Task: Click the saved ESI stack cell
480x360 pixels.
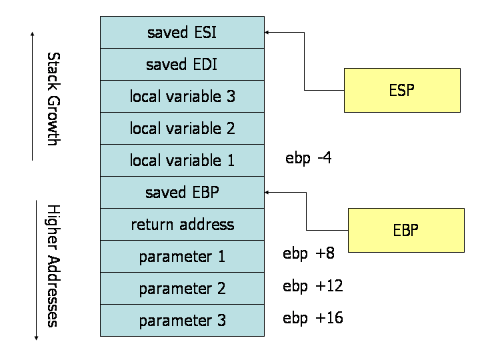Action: coord(182,32)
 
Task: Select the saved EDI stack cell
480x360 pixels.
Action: coord(182,64)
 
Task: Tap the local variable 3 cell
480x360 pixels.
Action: coord(182,96)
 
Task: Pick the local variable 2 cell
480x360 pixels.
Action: coord(182,128)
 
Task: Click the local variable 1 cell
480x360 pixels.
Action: coord(182,160)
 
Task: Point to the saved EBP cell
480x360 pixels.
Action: coord(182,192)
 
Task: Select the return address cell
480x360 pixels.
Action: coord(182,224)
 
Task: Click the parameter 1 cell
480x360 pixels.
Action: coord(182,256)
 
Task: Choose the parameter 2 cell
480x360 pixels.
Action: coord(182,288)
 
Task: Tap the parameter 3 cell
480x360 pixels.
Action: coord(182,320)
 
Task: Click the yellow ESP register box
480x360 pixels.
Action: coord(402,90)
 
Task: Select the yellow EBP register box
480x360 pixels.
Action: coord(406,230)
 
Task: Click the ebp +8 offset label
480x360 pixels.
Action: coord(308,253)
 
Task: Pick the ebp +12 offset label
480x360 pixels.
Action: coord(313,286)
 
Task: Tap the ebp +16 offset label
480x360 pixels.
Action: coord(313,318)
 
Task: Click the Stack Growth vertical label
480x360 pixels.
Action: coord(54,98)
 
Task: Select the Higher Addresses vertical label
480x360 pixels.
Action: coord(54,265)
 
